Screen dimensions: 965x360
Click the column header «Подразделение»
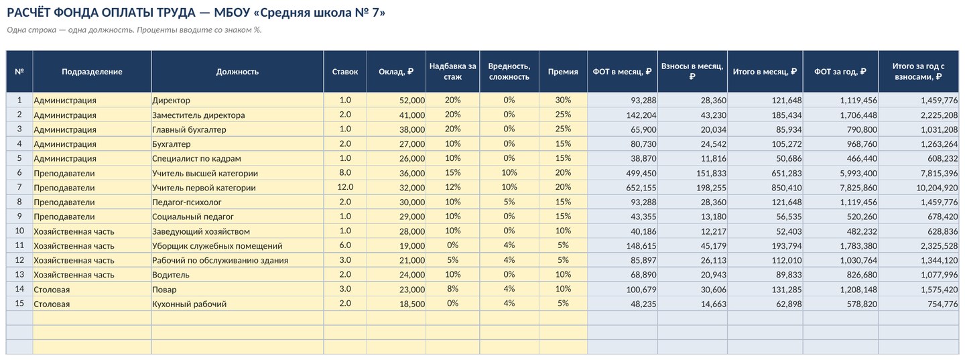pos(92,72)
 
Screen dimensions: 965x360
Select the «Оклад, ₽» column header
pos(396,72)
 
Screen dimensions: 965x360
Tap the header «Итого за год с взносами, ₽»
pos(918,72)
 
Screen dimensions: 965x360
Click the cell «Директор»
pos(171,101)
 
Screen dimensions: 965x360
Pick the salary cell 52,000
pos(412,101)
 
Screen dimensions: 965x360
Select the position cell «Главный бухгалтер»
pos(189,129)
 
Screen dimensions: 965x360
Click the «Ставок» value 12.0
pos(345,187)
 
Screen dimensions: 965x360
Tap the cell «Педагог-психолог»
pos(186,202)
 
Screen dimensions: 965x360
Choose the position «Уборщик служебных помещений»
pos(217,246)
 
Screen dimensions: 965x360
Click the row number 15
pos(19,304)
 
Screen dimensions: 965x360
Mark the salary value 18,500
pos(412,304)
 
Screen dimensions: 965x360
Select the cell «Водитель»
pos(171,275)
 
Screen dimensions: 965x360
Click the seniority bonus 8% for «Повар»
pos(452,289)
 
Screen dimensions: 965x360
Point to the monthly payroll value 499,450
pos(641,173)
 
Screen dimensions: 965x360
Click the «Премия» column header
pos(563,72)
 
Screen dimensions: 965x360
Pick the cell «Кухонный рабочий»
pos(189,304)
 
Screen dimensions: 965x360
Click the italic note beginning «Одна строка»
pos(135,30)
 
